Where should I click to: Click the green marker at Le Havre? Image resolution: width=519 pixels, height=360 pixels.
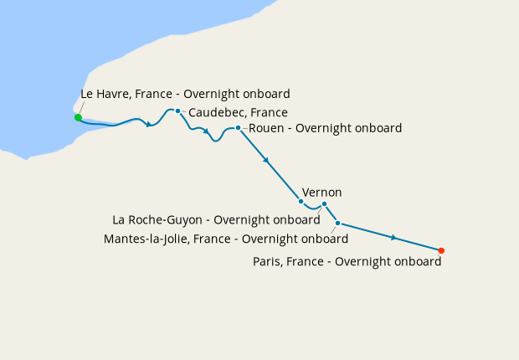[78, 117]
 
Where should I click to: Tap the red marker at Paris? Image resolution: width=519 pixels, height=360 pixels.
[441, 250]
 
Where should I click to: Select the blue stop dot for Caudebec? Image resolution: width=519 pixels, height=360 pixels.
[177, 111]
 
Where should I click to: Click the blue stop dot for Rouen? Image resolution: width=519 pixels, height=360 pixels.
[238, 128]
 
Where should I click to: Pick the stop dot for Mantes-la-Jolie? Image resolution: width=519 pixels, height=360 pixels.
[337, 223]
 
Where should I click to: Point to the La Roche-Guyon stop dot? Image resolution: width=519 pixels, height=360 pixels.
[324, 204]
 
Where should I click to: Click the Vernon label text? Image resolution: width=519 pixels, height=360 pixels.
[321, 193]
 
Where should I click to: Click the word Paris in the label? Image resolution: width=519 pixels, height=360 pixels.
[268, 261]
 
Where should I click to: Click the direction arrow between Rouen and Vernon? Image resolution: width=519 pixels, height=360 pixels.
[266, 160]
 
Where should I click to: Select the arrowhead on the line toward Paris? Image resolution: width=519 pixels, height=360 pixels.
[393, 238]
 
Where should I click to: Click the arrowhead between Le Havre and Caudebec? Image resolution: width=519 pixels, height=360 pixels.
[149, 125]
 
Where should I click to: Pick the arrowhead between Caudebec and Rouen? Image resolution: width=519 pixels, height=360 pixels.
[206, 131]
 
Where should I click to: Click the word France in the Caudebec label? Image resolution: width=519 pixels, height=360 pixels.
[270, 112]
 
